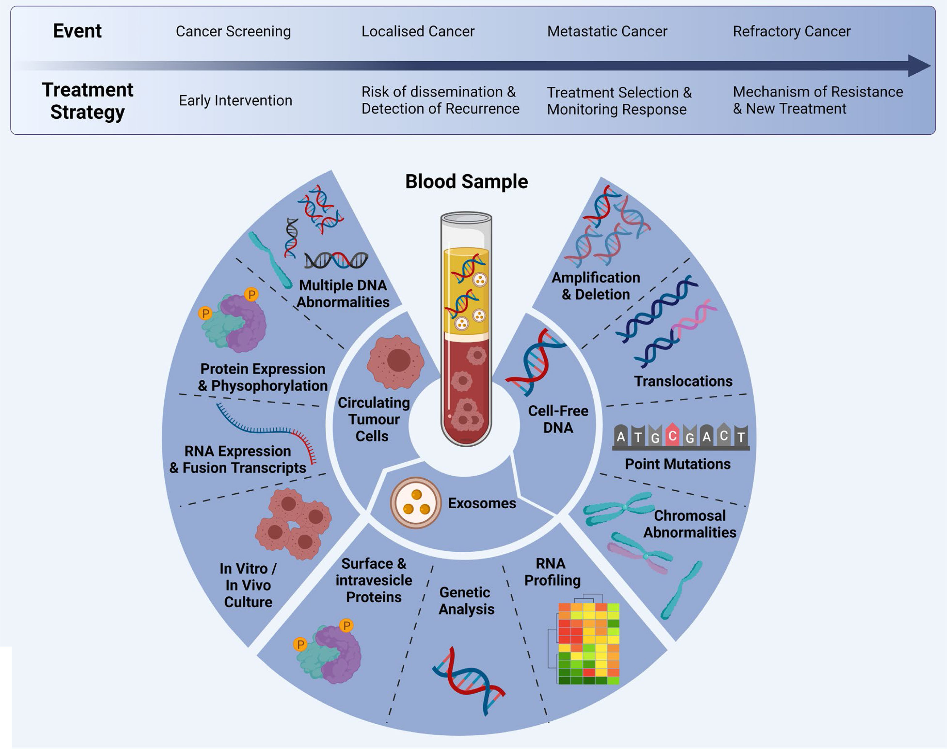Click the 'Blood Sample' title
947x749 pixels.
point(466,182)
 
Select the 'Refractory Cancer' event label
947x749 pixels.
point(791,31)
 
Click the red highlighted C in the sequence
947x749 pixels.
point(672,436)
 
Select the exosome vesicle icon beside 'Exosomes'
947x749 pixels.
point(415,502)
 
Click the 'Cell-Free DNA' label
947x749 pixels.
point(558,419)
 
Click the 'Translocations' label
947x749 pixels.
point(683,381)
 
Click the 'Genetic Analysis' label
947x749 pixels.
point(466,601)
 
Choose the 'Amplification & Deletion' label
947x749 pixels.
point(596,286)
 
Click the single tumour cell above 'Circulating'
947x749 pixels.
point(396,361)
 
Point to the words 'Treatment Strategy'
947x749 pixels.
point(87,101)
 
